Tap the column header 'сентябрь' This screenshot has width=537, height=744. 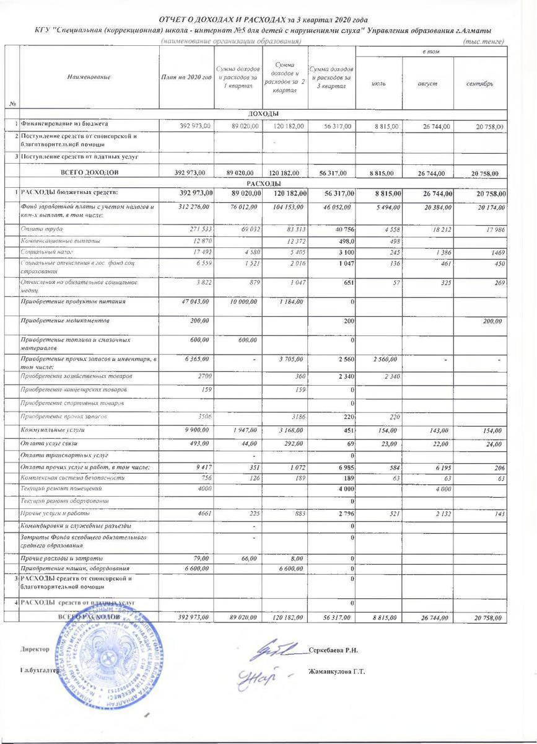click(480, 83)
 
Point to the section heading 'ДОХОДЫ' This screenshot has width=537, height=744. click(263, 113)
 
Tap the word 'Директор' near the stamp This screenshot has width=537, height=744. click(35, 649)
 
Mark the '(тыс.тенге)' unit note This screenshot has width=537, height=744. click(484, 42)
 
